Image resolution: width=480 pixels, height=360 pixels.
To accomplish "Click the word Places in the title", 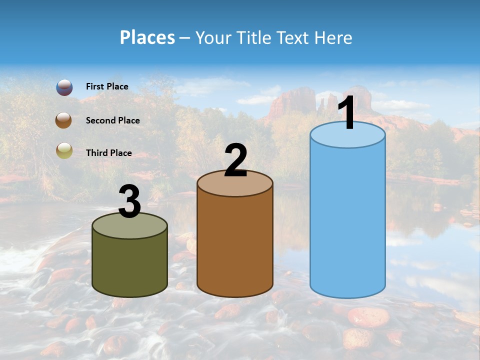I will click(x=147, y=37).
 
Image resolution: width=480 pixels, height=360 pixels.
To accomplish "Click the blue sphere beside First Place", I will click(x=64, y=87).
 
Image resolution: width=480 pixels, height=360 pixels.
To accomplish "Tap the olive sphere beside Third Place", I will click(x=64, y=150).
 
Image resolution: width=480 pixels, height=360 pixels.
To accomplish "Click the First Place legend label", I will click(x=107, y=86).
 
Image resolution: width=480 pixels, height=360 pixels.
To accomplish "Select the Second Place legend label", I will click(x=112, y=120).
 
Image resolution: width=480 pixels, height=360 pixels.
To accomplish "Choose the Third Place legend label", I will click(x=109, y=153).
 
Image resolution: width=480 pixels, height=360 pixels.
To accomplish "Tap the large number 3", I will click(x=129, y=201).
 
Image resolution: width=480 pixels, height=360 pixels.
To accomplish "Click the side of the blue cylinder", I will click(x=347, y=220).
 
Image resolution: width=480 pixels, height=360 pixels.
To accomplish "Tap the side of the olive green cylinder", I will click(x=130, y=265).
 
